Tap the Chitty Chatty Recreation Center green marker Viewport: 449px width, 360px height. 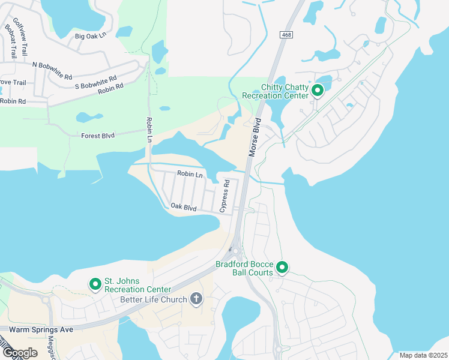(x=318, y=91)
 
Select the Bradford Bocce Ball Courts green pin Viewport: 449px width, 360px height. (x=282, y=268)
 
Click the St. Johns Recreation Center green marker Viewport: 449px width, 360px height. (x=95, y=284)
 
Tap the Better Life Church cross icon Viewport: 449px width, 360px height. (x=196, y=299)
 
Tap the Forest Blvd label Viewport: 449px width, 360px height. (x=98, y=136)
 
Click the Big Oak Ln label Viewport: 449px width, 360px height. (x=90, y=36)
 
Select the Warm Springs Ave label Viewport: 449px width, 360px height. (x=37, y=329)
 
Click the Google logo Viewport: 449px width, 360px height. (x=19, y=353)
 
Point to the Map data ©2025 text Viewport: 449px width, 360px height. (x=423, y=355)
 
